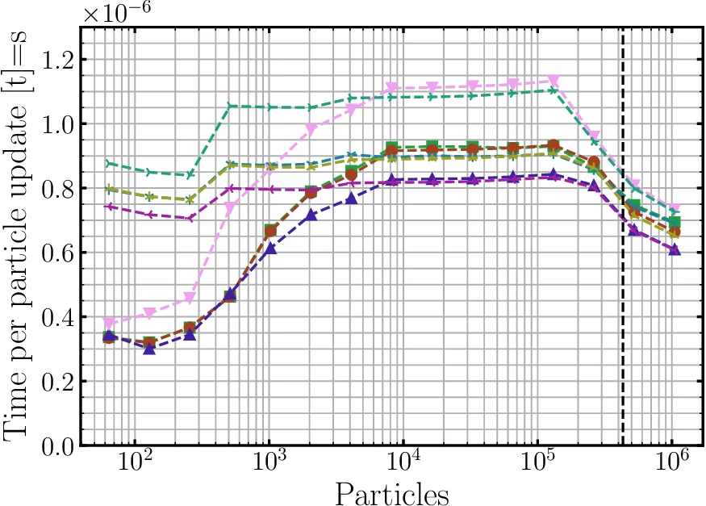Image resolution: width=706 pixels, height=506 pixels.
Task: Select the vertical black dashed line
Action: coord(623,242)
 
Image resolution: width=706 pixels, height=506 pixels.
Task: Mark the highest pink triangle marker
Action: coord(554,82)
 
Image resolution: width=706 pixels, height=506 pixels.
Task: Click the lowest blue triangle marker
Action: coord(149,348)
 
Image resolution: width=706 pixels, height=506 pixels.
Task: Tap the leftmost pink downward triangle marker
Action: coord(110,324)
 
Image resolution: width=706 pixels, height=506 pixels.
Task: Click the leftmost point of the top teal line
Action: coord(110,164)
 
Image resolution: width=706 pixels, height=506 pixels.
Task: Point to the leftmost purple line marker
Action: coord(110,207)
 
